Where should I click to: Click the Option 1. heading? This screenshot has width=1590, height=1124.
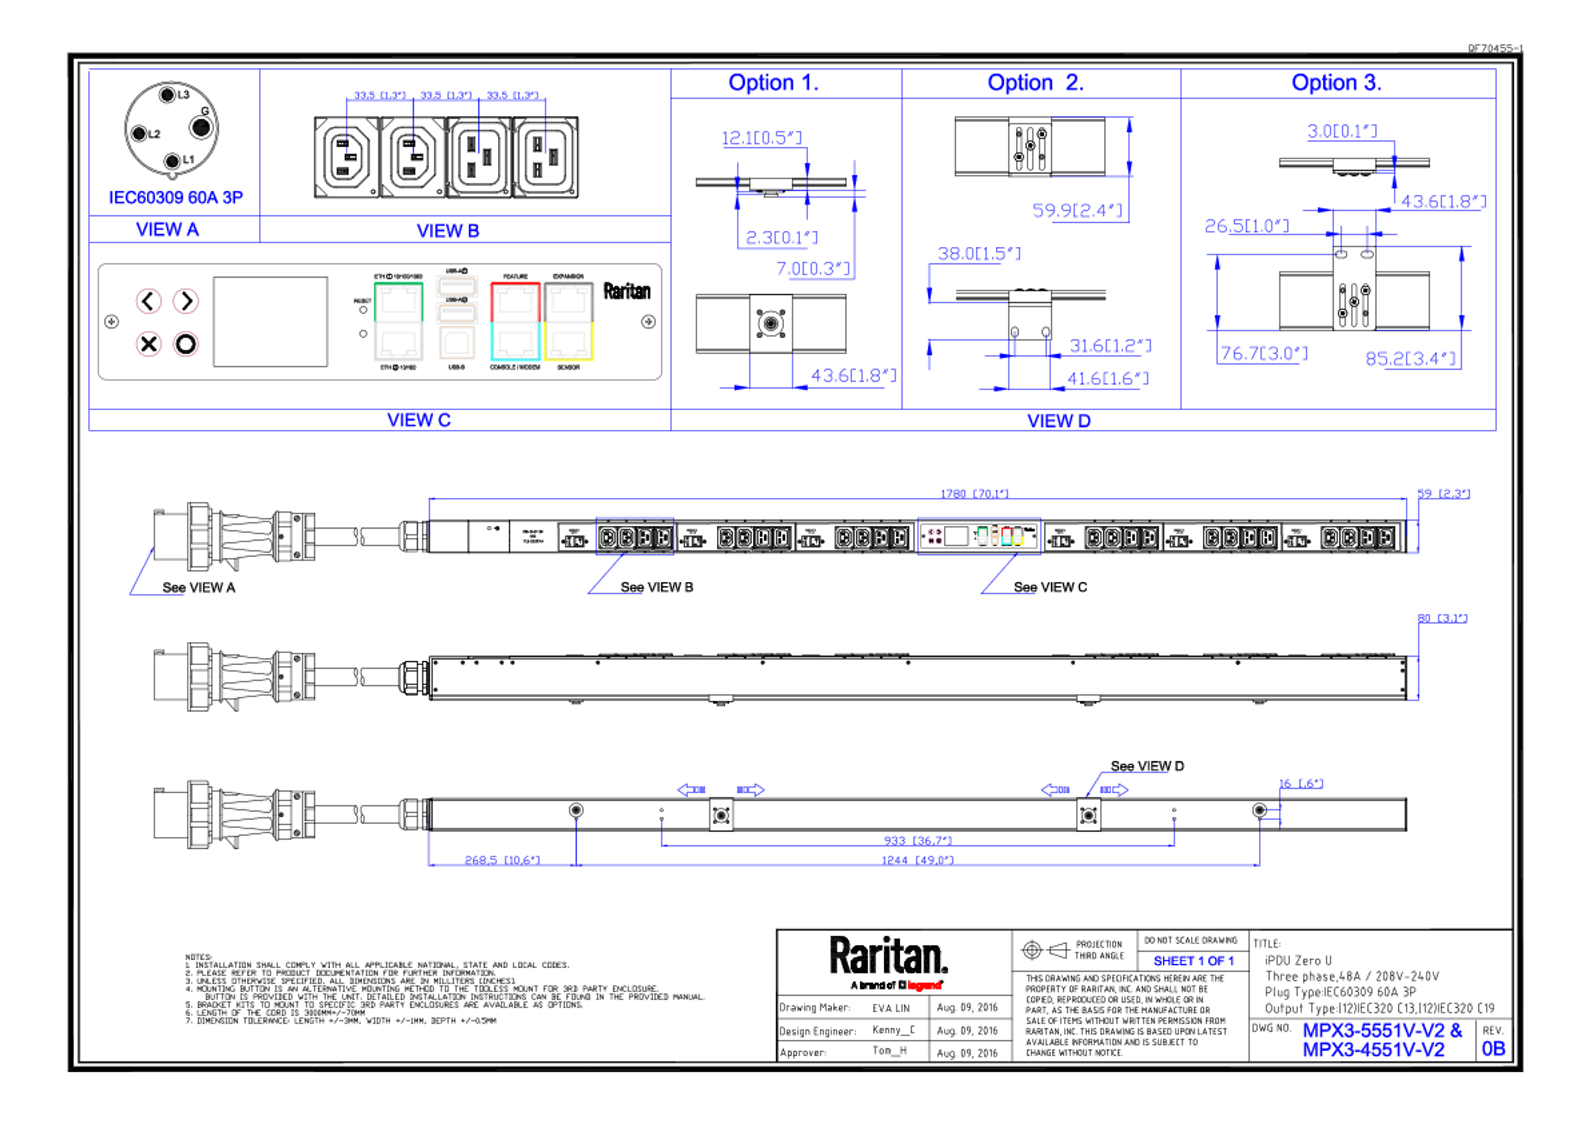(773, 83)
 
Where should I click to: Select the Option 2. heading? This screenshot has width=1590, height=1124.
(1035, 83)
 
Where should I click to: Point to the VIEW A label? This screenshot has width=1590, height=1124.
(168, 229)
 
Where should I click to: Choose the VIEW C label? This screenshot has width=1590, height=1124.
(419, 420)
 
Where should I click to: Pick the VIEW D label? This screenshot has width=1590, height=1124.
(1058, 420)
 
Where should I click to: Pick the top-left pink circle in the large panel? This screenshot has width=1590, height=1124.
(147, 301)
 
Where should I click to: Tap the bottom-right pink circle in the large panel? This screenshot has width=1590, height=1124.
(185, 344)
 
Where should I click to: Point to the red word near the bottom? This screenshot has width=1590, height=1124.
(925, 985)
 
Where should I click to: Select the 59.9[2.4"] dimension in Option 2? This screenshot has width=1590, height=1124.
(1077, 210)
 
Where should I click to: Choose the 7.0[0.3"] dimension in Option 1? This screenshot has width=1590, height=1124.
(815, 269)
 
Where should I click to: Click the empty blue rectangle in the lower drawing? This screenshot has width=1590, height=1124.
(634, 535)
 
